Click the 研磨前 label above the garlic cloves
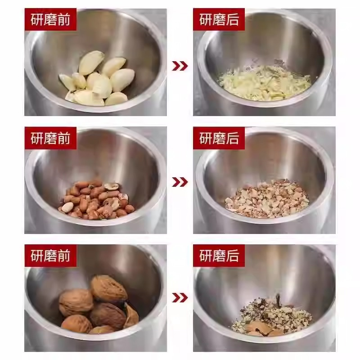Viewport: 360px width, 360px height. click(x=50, y=20)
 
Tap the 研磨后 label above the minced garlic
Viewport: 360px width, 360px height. click(x=219, y=20)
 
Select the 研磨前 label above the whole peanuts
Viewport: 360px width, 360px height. click(x=50, y=138)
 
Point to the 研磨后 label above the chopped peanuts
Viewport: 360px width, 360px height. click(x=219, y=138)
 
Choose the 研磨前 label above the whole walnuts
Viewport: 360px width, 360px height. click(x=50, y=256)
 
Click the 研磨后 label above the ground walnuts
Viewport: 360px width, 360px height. click(x=219, y=256)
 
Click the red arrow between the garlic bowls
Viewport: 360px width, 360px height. click(x=180, y=66)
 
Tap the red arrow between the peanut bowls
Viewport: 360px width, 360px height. click(x=180, y=182)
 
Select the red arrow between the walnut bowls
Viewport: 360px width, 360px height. click(x=180, y=298)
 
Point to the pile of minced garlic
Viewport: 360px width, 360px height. click(x=264, y=83)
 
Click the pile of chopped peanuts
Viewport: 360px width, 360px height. click(x=267, y=199)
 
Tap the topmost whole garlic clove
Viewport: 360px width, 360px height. click(x=91, y=63)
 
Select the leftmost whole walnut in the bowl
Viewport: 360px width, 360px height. click(x=76, y=302)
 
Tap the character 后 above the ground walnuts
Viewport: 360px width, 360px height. click(x=232, y=256)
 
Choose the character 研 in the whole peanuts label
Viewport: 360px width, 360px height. click(x=37, y=138)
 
